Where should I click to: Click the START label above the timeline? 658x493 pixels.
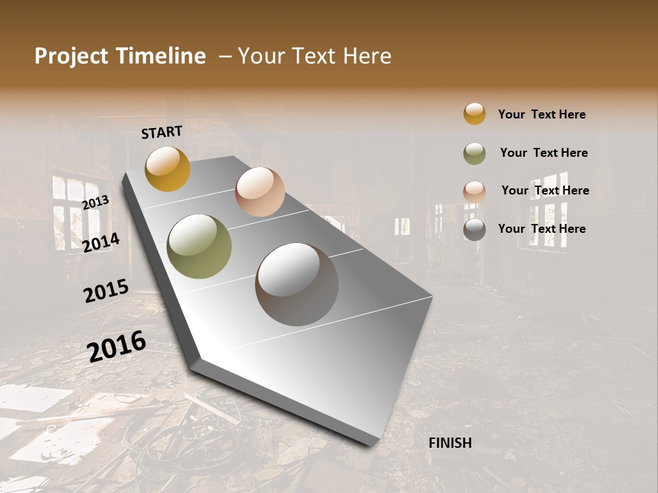(162, 132)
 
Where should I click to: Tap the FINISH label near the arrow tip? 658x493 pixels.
(450, 443)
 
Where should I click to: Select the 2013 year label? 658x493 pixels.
(95, 202)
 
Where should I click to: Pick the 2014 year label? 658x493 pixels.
(101, 242)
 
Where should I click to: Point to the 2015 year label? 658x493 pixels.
(106, 290)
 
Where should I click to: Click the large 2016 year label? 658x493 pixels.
(117, 346)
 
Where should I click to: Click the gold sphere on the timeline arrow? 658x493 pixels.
(167, 168)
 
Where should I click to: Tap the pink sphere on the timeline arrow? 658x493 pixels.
(260, 192)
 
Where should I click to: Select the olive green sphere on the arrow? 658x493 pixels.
(199, 246)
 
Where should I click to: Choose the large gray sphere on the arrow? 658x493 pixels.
(297, 284)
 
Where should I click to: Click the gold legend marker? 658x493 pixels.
(474, 114)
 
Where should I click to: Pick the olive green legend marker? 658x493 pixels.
(474, 153)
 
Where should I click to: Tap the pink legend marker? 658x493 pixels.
(474, 192)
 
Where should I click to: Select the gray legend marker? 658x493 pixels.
(474, 229)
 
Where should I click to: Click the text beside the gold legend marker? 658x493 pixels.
(541, 114)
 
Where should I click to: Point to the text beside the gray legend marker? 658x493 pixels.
(541, 229)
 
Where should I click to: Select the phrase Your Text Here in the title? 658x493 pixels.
(315, 56)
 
